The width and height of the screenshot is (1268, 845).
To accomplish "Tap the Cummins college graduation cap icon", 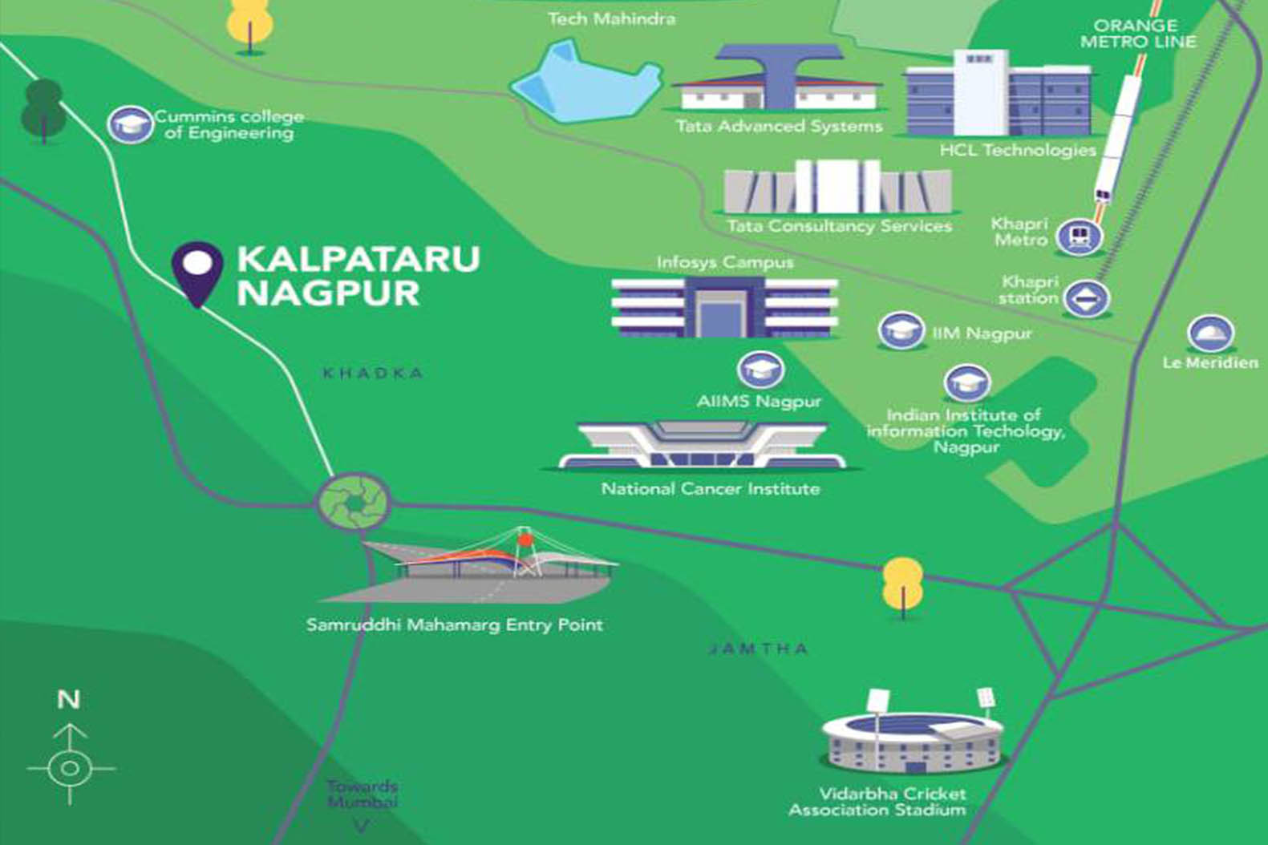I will [x=130, y=124].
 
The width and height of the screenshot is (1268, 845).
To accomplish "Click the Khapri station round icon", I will [x=1087, y=298].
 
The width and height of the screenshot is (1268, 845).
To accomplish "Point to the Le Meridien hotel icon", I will [x=1210, y=333].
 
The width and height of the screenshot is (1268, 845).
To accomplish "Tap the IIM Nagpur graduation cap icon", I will [x=900, y=330].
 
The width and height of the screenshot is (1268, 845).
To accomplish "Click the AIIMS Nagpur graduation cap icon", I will [x=760, y=370].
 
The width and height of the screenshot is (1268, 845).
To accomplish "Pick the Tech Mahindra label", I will [x=611, y=18].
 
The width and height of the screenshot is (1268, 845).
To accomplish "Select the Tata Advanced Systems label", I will [x=779, y=126].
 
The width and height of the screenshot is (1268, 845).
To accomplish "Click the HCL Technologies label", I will [x=1018, y=150].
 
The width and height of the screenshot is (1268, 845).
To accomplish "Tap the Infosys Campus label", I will [x=724, y=262].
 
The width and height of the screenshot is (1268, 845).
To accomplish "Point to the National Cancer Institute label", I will [x=711, y=488].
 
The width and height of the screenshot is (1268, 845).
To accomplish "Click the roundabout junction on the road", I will [x=354, y=502].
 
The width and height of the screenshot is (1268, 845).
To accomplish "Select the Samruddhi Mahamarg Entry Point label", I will [x=454, y=625].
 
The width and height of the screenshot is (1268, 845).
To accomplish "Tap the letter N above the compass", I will [x=69, y=700].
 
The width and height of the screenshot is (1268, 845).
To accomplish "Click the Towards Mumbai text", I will [x=363, y=794].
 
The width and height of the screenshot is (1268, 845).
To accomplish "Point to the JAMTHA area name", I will [x=758, y=649].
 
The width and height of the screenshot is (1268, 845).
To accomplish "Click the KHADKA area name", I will [x=373, y=373].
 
